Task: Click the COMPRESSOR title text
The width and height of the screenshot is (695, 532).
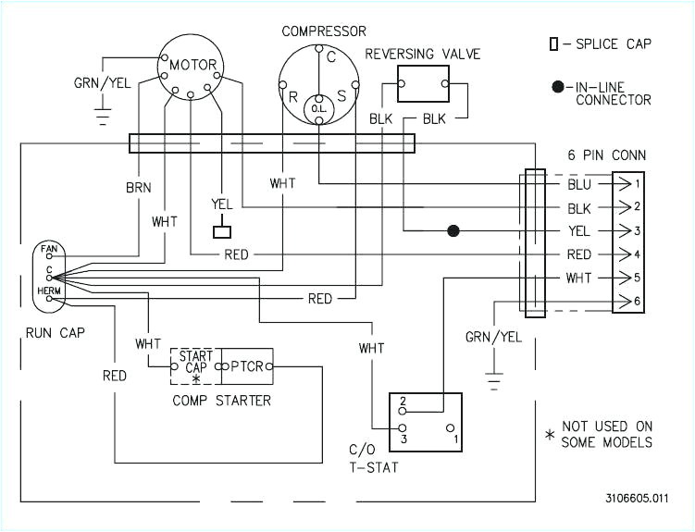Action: [324, 31]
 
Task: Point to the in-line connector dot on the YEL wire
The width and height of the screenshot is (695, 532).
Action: [453, 230]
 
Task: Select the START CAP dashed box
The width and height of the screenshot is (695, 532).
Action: [194, 367]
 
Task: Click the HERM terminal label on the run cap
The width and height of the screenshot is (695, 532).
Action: [48, 290]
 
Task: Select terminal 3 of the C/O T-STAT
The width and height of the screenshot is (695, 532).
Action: [403, 428]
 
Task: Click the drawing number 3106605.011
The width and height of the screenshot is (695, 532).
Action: [639, 498]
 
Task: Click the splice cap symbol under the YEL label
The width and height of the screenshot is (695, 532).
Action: [222, 229]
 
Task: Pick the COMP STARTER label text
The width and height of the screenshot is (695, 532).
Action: [222, 401]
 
